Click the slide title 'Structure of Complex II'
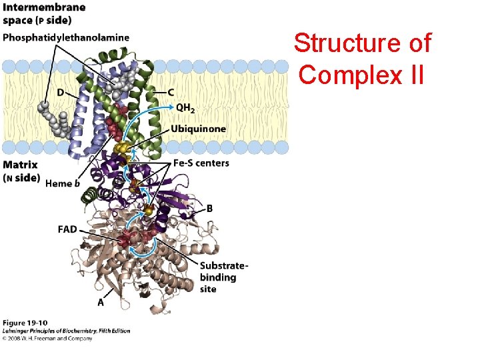[x=363, y=59]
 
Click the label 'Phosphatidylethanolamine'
[x=66, y=37]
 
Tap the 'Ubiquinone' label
[x=198, y=129]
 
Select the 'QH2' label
[x=186, y=107]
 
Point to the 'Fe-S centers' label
[x=201, y=163]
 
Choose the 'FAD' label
[x=67, y=229]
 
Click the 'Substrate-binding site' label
[x=223, y=277]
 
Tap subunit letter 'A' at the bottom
[x=101, y=301]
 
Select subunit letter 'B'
[x=210, y=209]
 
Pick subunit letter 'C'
[x=171, y=91]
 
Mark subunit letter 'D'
[x=61, y=92]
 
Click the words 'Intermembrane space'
[x=44, y=13]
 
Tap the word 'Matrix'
[x=20, y=165]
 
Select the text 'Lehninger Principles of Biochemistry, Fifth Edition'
[x=66, y=331]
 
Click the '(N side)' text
[x=22, y=178]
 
